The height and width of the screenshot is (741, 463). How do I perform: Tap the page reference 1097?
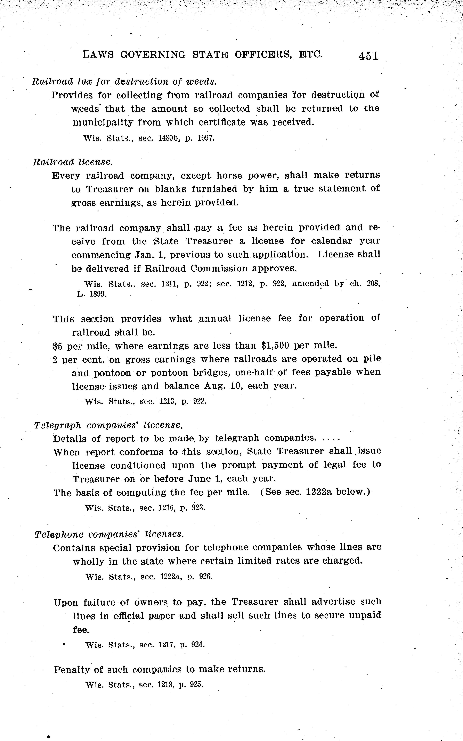[x=206, y=138]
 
